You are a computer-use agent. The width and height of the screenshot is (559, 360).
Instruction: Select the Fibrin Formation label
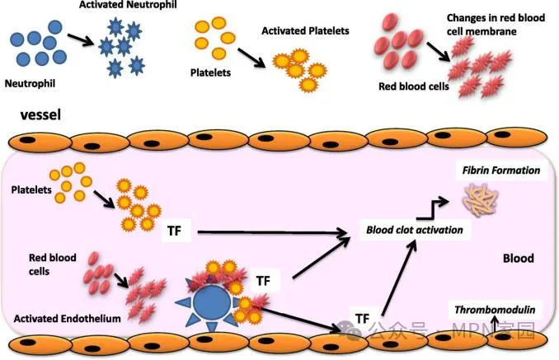coord(500,171)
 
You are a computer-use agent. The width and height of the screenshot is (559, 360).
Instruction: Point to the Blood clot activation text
coord(414,230)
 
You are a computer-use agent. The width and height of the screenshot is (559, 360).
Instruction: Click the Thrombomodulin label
coord(494,310)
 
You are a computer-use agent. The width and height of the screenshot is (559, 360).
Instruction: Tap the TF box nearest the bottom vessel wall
coord(361,317)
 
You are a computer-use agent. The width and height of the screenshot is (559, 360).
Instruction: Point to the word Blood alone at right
coord(518,258)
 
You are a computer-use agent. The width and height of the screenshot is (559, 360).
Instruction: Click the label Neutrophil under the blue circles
coord(30,82)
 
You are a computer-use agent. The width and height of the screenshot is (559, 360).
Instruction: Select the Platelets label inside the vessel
coord(30,190)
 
